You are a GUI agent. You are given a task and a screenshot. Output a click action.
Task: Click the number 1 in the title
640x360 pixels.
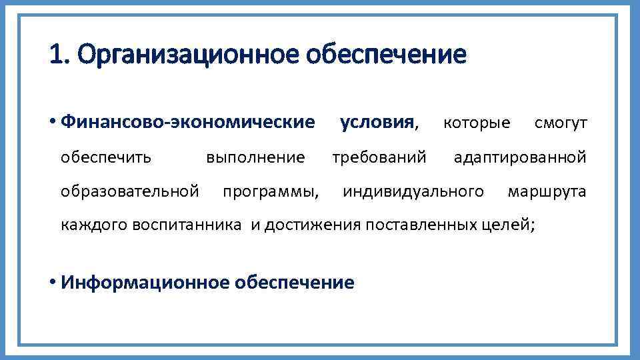pyautogui.click(x=55, y=55)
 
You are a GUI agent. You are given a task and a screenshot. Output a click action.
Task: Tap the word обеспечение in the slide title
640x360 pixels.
pyautogui.click(x=386, y=55)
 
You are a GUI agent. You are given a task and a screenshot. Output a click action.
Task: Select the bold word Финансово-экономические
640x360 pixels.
pyautogui.click(x=187, y=123)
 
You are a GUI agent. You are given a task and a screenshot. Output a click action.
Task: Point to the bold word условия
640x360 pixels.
pyautogui.click(x=377, y=123)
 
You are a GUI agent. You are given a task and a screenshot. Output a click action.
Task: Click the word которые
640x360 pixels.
pyautogui.click(x=477, y=123)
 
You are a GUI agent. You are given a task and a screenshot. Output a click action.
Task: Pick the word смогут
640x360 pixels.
pyautogui.click(x=561, y=123)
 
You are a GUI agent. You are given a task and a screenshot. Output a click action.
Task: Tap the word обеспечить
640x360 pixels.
pyautogui.click(x=106, y=157)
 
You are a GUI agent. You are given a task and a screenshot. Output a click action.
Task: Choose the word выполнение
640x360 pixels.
pyautogui.click(x=255, y=157)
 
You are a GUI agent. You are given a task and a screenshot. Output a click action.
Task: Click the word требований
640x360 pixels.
pyautogui.click(x=379, y=157)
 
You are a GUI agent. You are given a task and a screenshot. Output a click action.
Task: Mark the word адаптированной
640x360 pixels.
pyautogui.click(x=520, y=157)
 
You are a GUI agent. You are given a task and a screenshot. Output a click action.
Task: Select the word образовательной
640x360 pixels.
pyautogui.click(x=130, y=192)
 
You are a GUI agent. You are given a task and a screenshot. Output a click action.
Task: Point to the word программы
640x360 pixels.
pyautogui.click(x=270, y=193)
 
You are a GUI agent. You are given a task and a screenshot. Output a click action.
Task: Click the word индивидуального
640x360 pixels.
pyautogui.click(x=413, y=192)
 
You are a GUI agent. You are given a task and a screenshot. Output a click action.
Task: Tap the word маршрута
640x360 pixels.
pyautogui.click(x=547, y=192)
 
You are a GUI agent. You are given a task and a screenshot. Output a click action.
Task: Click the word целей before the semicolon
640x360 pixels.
pyautogui.click(x=505, y=225)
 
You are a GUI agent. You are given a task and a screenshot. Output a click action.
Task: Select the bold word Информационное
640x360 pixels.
pyautogui.click(x=145, y=283)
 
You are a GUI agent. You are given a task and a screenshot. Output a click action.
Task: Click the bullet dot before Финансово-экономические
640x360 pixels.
pyautogui.click(x=52, y=123)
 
